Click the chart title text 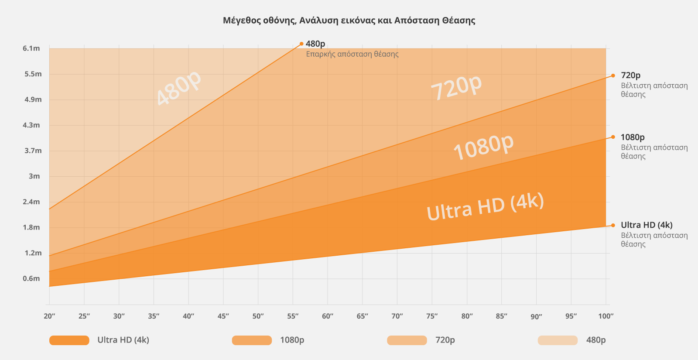(349, 21)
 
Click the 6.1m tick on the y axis (31, 48)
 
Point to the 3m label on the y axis (34, 176)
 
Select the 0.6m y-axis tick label (31, 278)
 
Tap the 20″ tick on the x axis (49, 316)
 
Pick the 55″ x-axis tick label (293, 316)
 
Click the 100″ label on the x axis (606, 316)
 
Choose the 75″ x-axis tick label (432, 316)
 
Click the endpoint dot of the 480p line (301, 44)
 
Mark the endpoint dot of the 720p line (613, 75)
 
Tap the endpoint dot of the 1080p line (613, 137)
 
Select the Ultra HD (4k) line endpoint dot (613, 225)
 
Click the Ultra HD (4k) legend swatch (69, 340)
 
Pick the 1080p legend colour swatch (252, 340)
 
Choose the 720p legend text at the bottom (445, 340)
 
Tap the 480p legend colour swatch (558, 340)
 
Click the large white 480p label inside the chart (179, 88)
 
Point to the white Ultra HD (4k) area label (485, 206)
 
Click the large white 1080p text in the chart (483, 147)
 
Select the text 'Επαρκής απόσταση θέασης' (352, 55)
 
